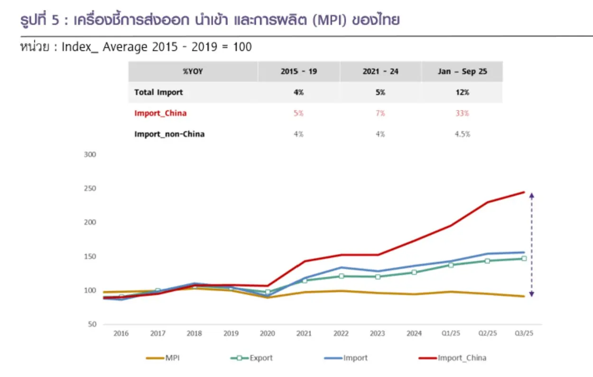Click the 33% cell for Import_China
click(462, 113)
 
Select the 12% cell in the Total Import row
click(462, 92)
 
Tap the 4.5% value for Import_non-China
click(463, 134)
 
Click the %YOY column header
click(193, 72)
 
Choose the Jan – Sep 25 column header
click(462, 72)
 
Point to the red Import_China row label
click(160, 113)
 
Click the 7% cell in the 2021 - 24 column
click(380, 113)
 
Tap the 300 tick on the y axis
click(90, 154)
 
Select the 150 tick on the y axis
click(90, 256)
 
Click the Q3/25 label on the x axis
click(524, 333)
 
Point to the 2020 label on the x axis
click(268, 333)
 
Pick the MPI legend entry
click(163, 358)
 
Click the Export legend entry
click(251, 358)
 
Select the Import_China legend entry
click(453, 358)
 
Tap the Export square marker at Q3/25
click(524, 259)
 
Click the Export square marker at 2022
click(341, 276)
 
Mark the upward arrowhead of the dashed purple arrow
click(532, 196)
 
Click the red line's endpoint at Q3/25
click(524, 192)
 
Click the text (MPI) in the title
click(329, 20)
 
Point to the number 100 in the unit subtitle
click(242, 47)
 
